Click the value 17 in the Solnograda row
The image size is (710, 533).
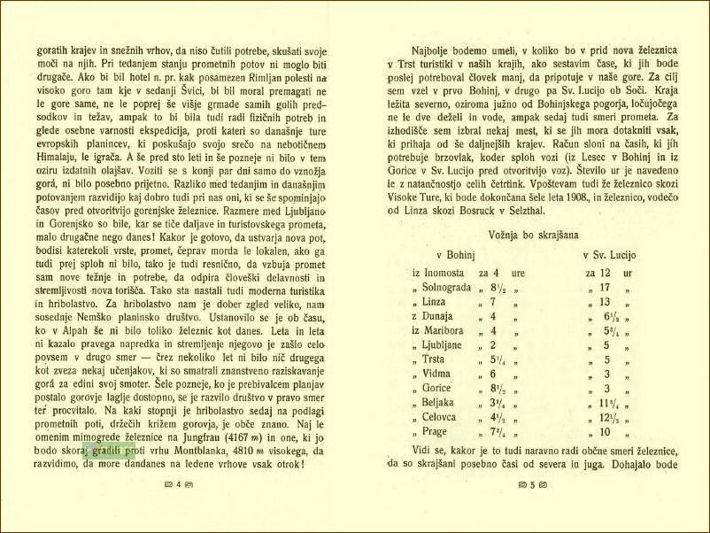click(605, 289)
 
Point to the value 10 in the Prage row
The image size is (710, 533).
click(605, 431)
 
